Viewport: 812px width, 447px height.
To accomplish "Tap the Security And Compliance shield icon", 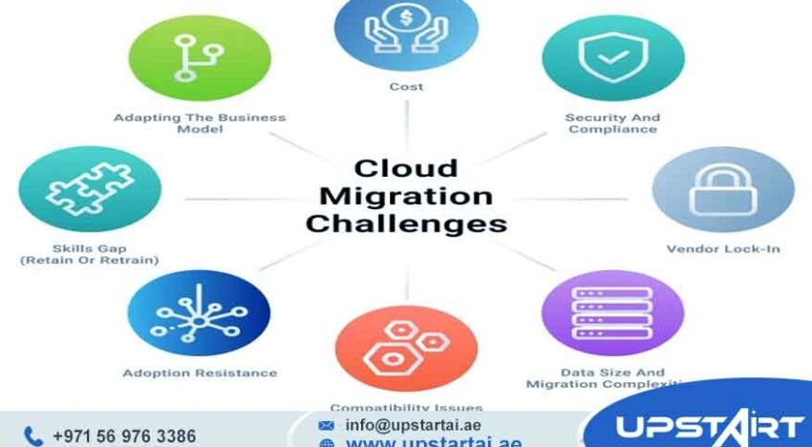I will point(612,58).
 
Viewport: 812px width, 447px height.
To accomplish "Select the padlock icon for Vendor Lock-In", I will point(722,190).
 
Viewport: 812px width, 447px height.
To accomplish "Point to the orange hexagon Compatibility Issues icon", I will point(406,346).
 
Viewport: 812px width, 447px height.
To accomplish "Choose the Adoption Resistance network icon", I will point(199,312).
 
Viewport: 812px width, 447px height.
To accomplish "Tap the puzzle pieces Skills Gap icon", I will point(89,188).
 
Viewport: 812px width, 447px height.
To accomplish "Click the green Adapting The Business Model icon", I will point(200,58).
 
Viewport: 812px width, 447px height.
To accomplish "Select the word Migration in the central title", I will point(406,197).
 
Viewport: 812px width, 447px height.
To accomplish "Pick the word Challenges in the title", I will point(406,224).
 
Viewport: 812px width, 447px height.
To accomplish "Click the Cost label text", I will point(406,87).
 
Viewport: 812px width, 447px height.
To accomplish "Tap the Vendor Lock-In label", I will point(722,249).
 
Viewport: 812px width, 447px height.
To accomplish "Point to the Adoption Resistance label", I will point(200,372).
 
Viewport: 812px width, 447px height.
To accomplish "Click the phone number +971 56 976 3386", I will point(123,436).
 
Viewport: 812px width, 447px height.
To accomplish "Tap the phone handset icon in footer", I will point(33,436).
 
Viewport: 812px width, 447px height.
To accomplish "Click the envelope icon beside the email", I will point(328,425).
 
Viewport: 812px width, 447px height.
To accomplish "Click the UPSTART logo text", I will point(708,427).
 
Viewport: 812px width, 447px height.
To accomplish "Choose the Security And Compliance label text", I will point(612,123).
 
